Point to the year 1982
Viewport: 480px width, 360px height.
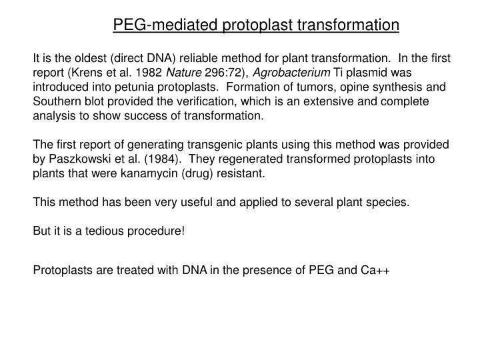tap(150, 72)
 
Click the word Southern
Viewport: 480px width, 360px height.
tap(57, 101)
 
